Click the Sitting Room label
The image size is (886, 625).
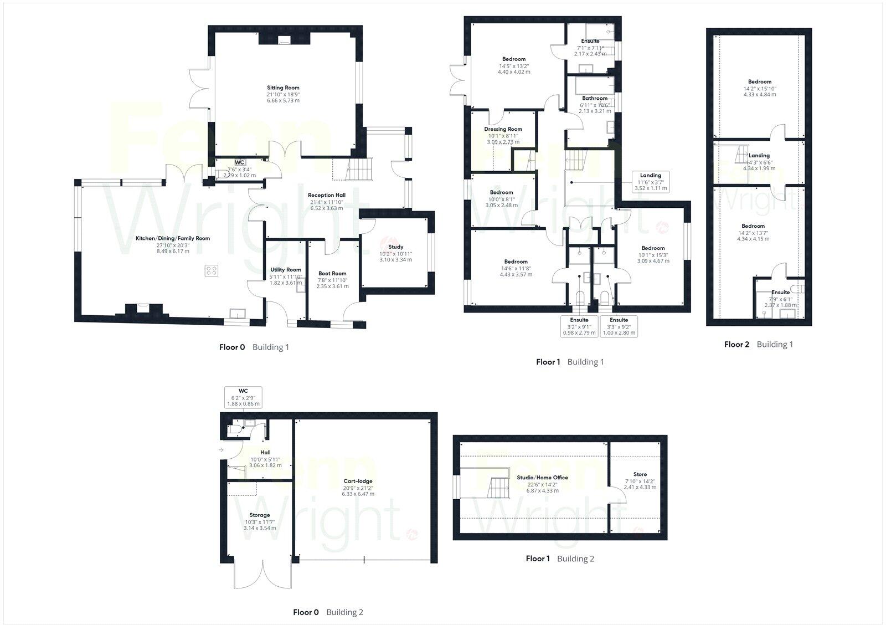point(283,88)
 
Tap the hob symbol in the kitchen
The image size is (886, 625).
point(211,270)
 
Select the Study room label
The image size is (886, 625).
point(395,247)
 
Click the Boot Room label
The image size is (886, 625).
point(332,273)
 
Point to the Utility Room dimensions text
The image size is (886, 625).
point(286,279)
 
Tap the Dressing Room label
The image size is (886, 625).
point(503,129)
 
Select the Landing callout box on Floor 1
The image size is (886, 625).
point(651,182)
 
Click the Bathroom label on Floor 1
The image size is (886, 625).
point(594,99)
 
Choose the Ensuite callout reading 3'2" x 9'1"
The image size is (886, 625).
point(579,326)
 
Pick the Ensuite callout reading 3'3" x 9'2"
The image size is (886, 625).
point(619,326)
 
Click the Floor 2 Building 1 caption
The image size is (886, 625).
point(758,344)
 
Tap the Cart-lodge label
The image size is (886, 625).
point(357,481)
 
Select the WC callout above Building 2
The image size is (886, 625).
point(243,397)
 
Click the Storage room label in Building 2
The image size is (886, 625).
point(260,515)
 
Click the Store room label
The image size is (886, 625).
point(640,474)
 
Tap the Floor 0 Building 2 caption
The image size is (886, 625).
point(328,612)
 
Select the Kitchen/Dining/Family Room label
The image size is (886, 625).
point(173,238)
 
